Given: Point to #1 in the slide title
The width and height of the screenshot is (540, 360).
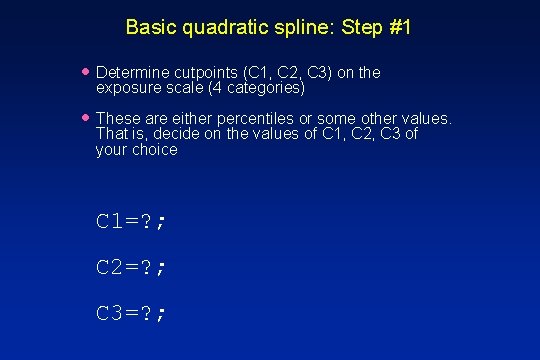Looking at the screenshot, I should tap(398, 27).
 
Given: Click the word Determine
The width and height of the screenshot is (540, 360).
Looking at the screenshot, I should tap(132, 73).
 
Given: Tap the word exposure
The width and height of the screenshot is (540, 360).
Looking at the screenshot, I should tap(128, 88).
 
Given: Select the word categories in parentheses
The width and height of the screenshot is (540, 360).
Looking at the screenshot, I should tap(266, 88).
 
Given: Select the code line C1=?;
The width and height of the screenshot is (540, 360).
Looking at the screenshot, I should tap(130, 222).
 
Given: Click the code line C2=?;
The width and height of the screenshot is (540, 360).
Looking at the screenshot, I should tap(130, 267).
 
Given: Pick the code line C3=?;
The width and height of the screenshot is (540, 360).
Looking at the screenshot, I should tap(130, 313).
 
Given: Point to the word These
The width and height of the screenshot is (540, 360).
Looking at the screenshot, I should tap(118, 119).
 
